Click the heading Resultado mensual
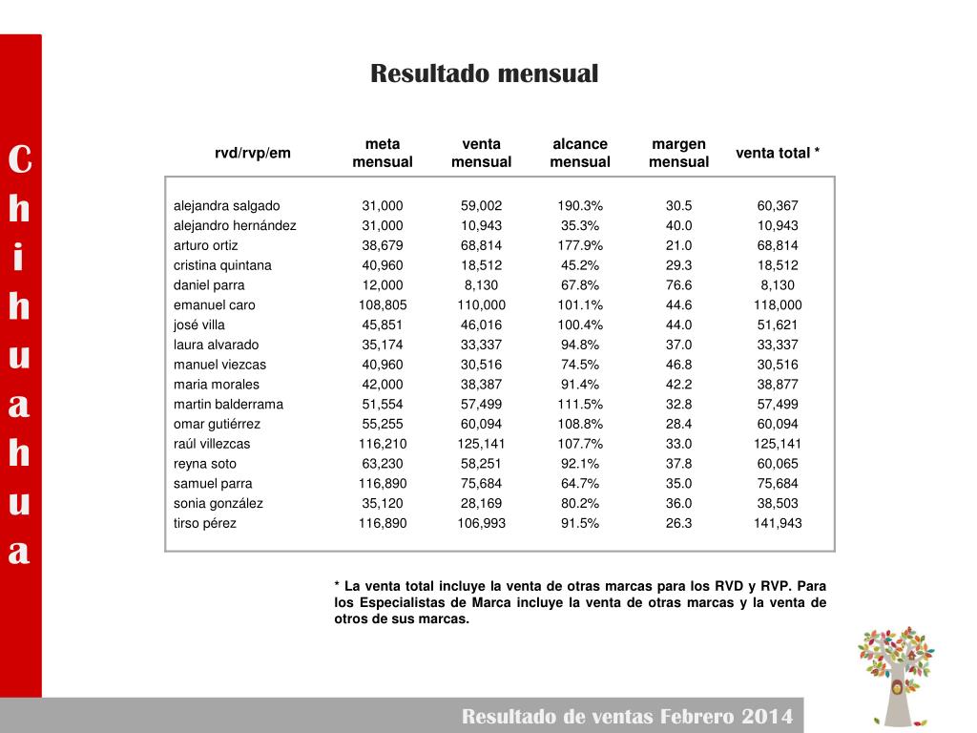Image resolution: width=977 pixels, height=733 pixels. [x=484, y=73]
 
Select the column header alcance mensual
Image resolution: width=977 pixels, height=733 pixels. [x=580, y=153]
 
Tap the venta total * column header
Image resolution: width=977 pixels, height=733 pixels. [x=778, y=153]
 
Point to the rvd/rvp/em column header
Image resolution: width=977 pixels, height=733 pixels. [x=253, y=153]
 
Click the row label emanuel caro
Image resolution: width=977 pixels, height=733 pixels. [x=215, y=305]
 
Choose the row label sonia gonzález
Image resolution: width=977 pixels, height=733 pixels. [x=218, y=503]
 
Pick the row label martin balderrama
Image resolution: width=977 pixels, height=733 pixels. [x=228, y=404]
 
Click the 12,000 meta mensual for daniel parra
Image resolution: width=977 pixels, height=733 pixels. [x=382, y=285]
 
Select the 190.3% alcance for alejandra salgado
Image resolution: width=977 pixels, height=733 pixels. [x=580, y=206]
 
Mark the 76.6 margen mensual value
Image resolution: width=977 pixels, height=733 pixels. [x=678, y=285]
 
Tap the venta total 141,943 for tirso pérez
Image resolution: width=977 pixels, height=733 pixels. [x=778, y=523]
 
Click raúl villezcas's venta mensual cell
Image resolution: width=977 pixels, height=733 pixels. [x=481, y=444]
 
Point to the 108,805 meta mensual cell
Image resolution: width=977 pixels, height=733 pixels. [x=382, y=305]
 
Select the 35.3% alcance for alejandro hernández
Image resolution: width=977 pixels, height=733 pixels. [x=580, y=226]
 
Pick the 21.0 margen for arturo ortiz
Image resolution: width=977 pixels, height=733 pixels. [x=678, y=245]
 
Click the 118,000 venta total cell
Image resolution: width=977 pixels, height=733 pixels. [x=778, y=305]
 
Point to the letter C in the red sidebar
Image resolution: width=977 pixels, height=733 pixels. [x=19, y=160]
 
